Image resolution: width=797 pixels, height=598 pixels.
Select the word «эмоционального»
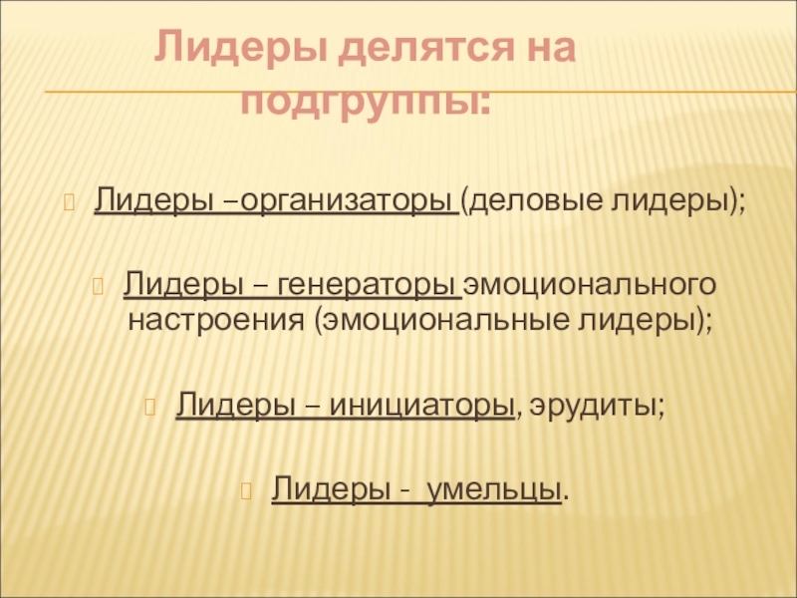(x=589, y=285)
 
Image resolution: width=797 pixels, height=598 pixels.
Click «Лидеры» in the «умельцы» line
(x=319, y=489)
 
